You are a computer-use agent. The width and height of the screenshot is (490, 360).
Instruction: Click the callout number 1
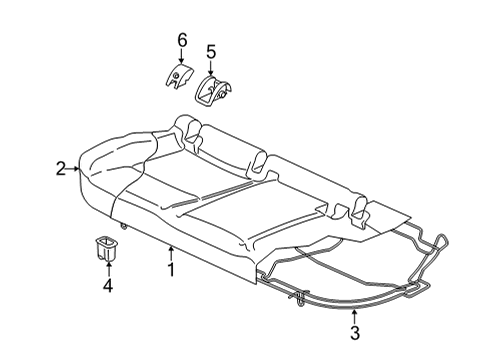171,270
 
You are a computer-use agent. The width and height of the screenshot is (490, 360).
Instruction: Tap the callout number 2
61,169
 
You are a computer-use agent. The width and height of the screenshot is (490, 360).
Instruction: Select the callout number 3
355,333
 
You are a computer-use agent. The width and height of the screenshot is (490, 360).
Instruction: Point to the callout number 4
108,286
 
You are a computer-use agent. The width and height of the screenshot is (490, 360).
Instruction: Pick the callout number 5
211,52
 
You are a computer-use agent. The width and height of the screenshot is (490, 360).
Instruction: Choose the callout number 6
182,40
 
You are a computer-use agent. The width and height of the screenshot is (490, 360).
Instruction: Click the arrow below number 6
181,56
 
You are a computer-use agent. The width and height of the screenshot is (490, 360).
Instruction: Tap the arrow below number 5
210,68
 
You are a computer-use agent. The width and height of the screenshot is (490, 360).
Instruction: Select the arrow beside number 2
73,169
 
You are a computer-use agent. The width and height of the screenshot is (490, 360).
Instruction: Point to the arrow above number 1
171,253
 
